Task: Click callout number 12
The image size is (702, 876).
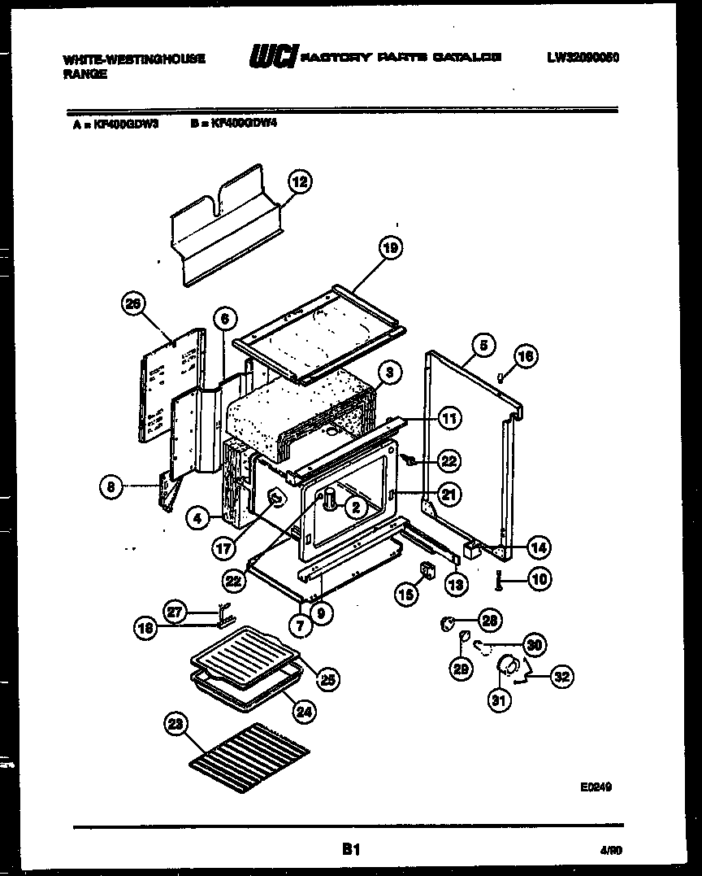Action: point(300,182)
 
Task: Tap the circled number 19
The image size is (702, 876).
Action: point(391,248)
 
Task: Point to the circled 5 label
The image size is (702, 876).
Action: point(482,345)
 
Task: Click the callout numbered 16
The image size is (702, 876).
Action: point(526,355)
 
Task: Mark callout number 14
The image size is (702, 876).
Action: point(537,547)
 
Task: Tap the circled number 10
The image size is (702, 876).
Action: point(538,579)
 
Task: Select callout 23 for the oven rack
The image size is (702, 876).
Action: point(172,730)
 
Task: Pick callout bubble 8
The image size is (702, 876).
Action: point(110,488)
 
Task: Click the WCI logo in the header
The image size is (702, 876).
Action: point(273,58)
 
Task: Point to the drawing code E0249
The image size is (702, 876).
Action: point(596,787)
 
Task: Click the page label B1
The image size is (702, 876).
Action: point(350,850)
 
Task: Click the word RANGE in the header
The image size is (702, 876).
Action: point(85,73)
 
